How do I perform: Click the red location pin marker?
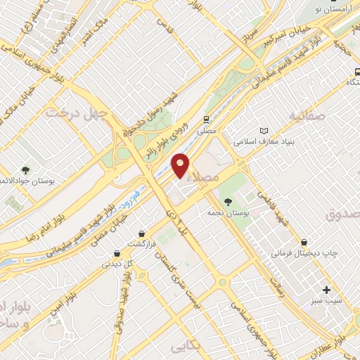pos(181,165)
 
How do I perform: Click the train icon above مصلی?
pos(206,120)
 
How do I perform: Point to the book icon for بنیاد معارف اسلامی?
pos(264,131)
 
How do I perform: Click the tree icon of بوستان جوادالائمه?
pos(25,171)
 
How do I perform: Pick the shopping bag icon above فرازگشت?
pos(143,233)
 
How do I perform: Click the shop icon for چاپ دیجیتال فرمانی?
pos(304,241)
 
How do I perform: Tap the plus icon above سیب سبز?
pos(326,289)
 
